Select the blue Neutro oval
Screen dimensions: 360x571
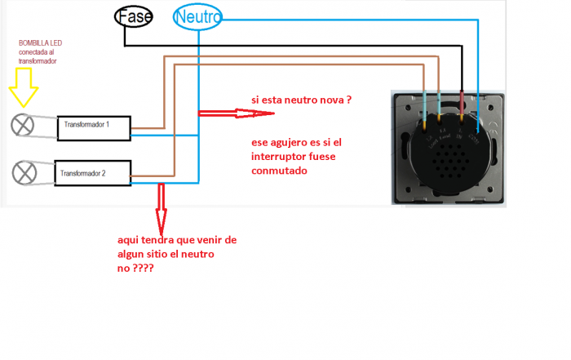(197, 17)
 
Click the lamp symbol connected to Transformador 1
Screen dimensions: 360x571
(23, 125)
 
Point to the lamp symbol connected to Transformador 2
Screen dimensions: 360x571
(23, 174)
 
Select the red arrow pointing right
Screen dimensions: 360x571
(221, 112)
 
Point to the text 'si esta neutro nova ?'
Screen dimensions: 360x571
(301, 100)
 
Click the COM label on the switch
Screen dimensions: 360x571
(476, 136)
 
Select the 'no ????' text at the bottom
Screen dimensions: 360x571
(136, 266)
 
